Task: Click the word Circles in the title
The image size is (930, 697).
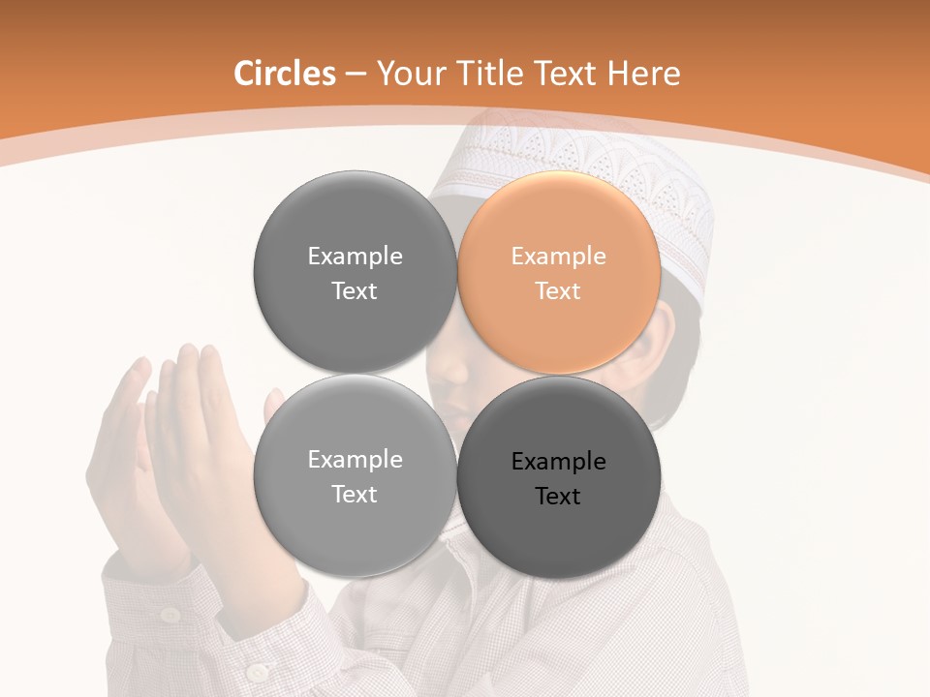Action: pos(284,74)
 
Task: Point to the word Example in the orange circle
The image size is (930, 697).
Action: pos(559,257)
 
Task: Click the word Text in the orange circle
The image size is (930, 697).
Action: pos(559,291)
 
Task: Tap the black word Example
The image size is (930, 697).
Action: pos(559,462)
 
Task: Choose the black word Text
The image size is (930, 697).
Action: pos(559,497)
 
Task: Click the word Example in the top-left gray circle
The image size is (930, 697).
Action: pos(355,257)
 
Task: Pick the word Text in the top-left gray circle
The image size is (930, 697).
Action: pos(355,291)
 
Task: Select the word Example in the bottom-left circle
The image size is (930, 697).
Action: pos(355,460)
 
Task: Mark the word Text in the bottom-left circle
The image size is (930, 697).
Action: pos(355,495)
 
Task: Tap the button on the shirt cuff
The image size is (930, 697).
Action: pos(257,672)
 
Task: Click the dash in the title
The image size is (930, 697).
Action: pos(355,74)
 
